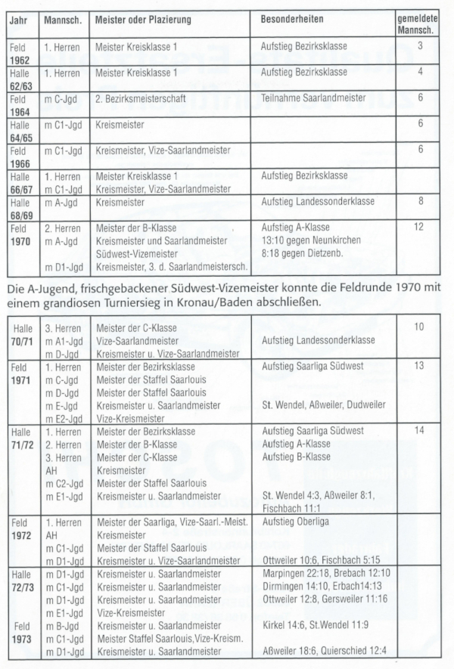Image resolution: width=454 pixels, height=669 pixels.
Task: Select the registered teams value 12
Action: coord(418,226)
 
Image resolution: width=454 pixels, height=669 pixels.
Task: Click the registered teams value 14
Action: coord(418,430)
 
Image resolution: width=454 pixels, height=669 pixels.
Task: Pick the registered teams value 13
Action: coord(418,365)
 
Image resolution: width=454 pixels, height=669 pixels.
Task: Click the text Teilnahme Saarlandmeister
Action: coord(313,98)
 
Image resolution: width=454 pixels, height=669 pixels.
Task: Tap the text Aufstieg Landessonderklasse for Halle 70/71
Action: coord(318,340)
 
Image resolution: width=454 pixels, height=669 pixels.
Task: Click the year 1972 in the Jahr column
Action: coord(20,535)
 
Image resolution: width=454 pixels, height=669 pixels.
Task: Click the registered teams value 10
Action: coord(418,327)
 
